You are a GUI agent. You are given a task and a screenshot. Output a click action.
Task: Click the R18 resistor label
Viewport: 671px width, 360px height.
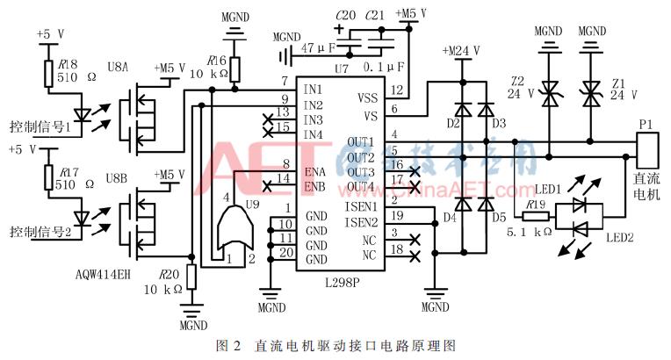tap(66, 63)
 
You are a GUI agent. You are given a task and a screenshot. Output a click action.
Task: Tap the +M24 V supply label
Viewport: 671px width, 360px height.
tap(464, 50)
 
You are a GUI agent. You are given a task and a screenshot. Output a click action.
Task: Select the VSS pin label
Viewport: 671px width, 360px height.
tap(367, 98)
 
